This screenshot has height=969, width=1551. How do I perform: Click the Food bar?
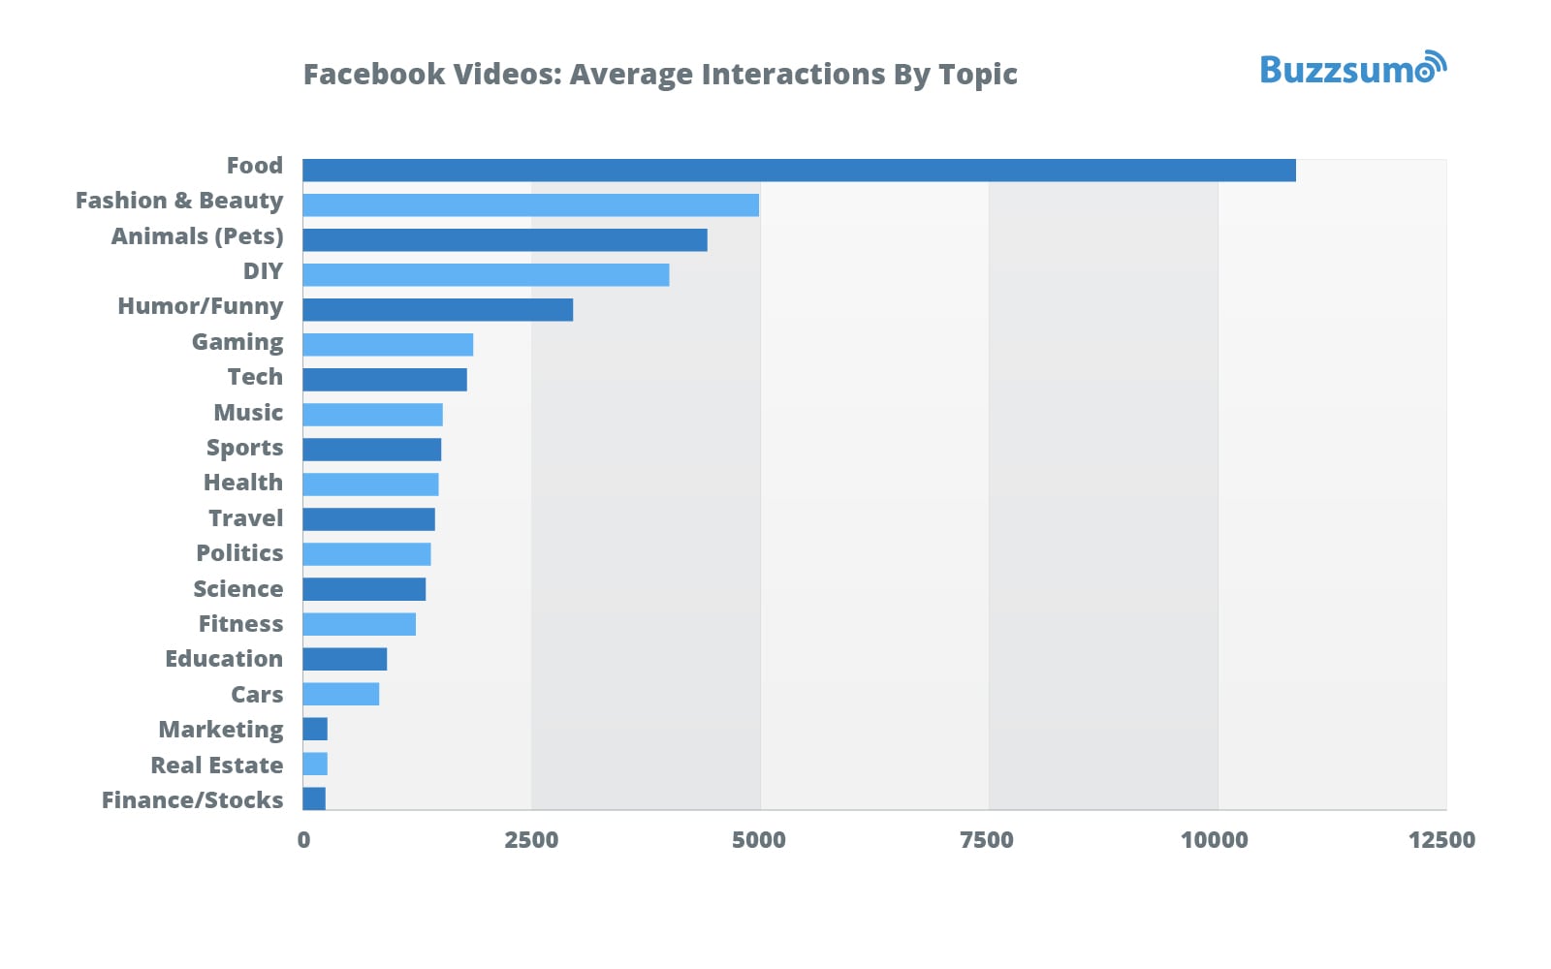coord(799,171)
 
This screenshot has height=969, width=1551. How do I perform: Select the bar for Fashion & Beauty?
coord(530,205)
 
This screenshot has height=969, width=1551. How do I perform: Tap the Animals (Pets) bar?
coord(504,240)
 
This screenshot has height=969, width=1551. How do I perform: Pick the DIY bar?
coord(486,275)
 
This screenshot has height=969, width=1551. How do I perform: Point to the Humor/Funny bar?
coord(437,310)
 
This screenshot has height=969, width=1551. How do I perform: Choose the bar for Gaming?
coord(388,345)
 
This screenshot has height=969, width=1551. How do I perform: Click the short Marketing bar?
coord(315,729)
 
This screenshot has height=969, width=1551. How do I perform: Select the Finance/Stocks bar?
coord(314,798)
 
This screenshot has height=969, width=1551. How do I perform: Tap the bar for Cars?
coord(340,694)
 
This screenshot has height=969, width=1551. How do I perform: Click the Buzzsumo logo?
coord(1352,69)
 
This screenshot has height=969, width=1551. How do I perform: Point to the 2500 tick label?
coord(531,840)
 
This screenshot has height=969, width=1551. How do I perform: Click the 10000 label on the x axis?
coord(1214,840)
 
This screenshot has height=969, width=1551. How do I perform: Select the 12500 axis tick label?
coord(1441,840)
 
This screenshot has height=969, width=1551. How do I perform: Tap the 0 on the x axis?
coord(303,840)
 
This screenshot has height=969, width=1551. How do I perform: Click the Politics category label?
coord(239,553)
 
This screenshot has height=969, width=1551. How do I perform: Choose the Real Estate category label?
coord(217,766)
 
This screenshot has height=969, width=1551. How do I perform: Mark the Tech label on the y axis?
coord(255,377)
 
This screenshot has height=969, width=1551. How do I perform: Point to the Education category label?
coord(224,659)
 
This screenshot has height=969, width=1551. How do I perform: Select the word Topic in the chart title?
coord(978,75)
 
